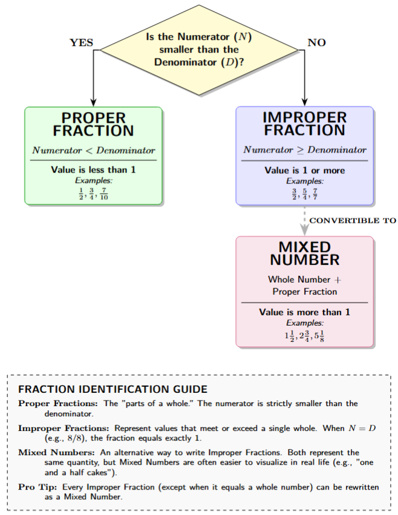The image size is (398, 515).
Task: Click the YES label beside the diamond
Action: (x=82, y=43)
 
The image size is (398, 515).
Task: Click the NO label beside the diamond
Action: (x=316, y=43)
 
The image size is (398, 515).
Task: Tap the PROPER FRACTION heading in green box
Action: (x=93, y=124)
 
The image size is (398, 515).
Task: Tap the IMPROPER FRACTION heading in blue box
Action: (x=304, y=124)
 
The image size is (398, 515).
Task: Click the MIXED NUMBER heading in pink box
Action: (x=304, y=254)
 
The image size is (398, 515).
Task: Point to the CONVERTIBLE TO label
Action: (x=353, y=220)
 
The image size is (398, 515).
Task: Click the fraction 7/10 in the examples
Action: (x=103, y=194)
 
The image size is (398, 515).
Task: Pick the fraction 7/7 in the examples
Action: (x=315, y=194)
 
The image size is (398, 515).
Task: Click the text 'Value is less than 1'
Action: (x=93, y=170)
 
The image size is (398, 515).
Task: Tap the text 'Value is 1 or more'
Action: (x=304, y=170)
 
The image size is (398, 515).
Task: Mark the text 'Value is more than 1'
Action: (x=304, y=312)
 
